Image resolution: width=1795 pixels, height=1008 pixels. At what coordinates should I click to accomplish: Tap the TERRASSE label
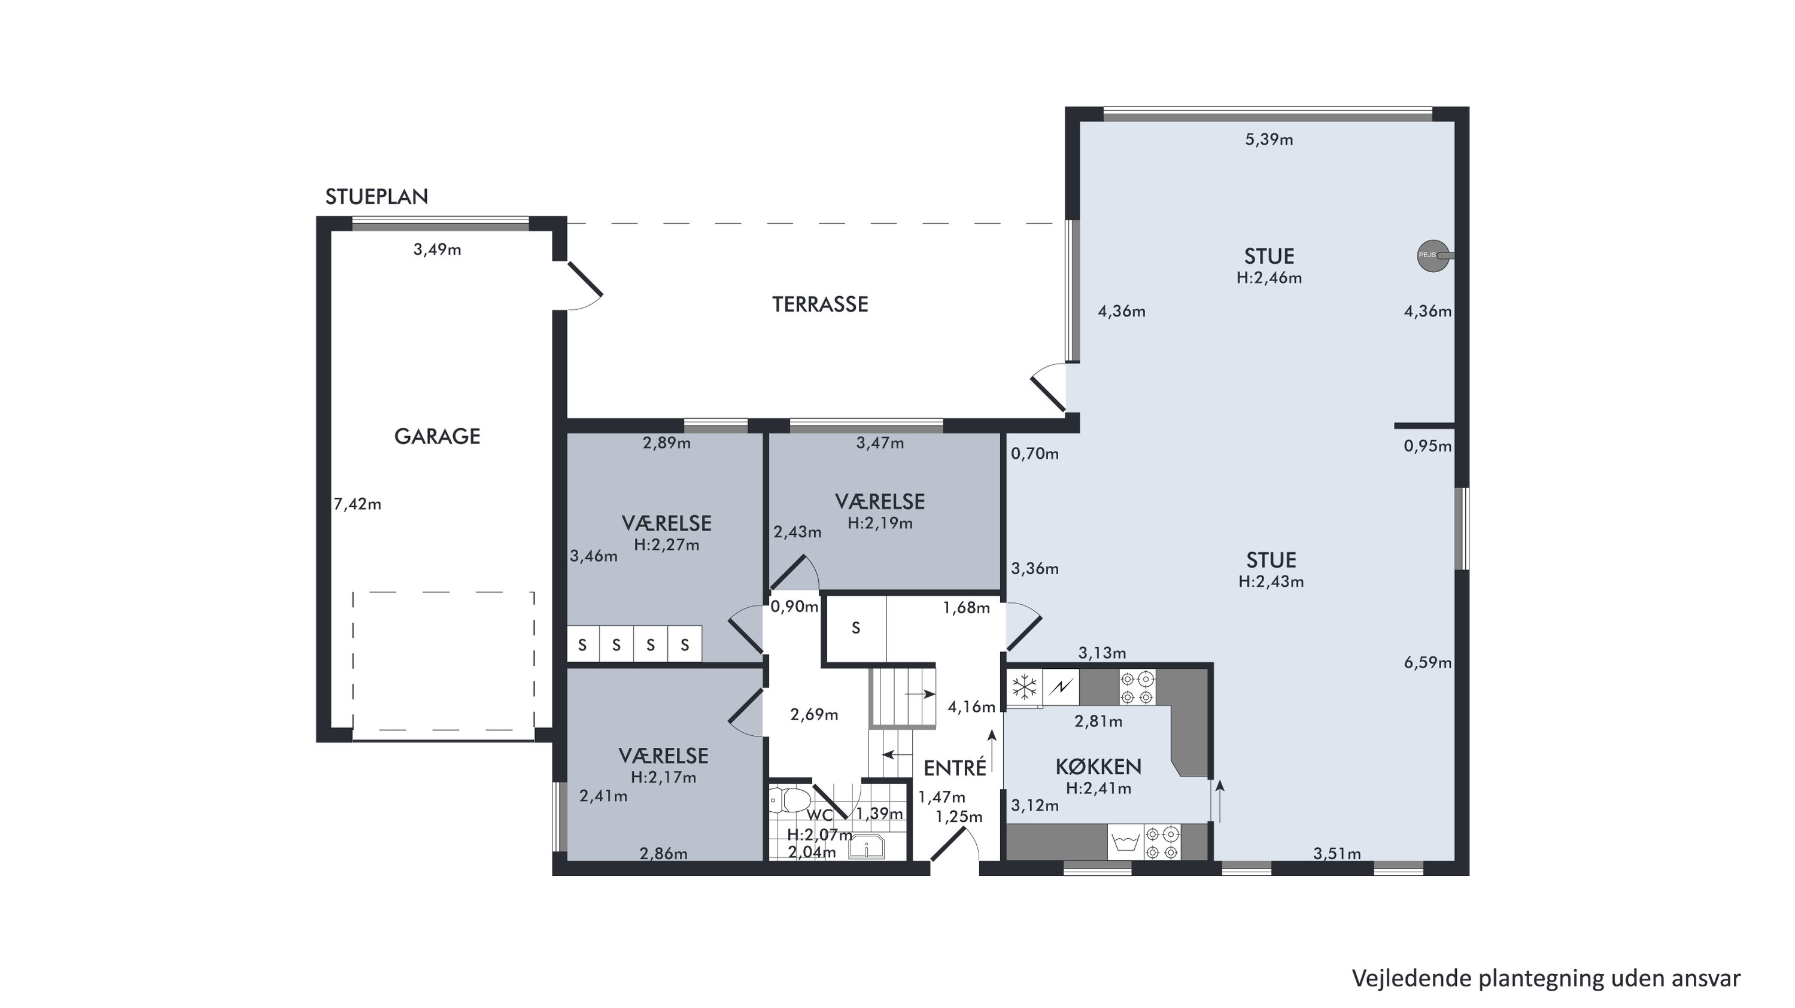[819, 304]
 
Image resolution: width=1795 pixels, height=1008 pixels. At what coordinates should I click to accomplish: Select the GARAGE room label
[437, 436]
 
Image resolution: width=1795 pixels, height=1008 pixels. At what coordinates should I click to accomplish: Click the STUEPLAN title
[376, 196]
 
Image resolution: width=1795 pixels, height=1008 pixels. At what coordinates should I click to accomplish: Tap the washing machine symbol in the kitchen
[1125, 842]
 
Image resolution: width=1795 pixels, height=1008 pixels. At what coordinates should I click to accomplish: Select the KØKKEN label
[1098, 767]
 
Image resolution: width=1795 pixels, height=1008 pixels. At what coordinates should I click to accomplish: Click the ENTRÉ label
[955, 768]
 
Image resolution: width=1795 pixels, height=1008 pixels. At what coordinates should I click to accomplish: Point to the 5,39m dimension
[1269, 139]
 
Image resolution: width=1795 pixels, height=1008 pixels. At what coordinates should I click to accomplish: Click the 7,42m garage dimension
[357, 504]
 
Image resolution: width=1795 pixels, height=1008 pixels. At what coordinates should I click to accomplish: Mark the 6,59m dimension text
[1428, 662]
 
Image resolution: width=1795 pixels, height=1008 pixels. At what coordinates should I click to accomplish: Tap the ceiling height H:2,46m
[1269, 277]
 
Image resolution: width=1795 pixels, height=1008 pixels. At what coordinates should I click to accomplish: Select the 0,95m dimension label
[1428, 446]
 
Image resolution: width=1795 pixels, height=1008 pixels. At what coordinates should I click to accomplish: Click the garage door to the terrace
[584, 278]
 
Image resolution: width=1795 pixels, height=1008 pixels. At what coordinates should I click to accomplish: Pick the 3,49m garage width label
[437, 249]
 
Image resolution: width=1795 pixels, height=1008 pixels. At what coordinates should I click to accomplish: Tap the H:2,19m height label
[880, 523]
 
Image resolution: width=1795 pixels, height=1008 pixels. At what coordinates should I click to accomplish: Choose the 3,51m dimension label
[1337, 853]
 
